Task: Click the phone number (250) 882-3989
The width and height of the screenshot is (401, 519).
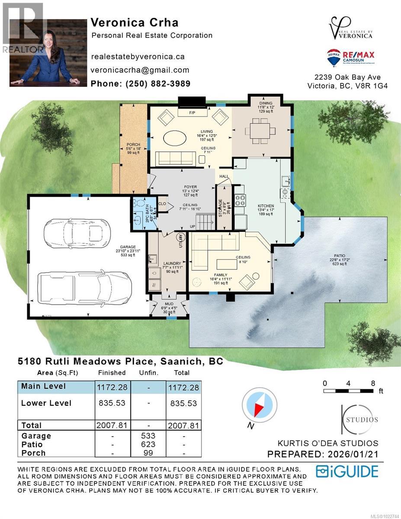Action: pos(141,84)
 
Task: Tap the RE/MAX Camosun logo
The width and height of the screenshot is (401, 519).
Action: pos(351,58)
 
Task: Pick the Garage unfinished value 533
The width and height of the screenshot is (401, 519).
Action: pos(148,436)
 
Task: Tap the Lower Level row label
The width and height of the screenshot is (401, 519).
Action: pos(46,403)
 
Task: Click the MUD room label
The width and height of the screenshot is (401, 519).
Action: pos(169,304)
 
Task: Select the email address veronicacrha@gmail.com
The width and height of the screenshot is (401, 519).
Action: pos(140,70)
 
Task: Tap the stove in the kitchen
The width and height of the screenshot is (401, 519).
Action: pos(240,200)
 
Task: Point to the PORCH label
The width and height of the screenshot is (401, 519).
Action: pos(133,144)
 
